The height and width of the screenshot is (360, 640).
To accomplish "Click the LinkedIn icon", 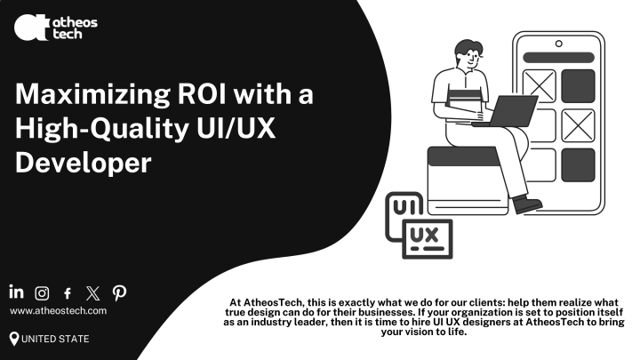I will (17, 292).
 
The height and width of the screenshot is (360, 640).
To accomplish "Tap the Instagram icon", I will (42, 292).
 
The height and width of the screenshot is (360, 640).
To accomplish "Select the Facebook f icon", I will (68, 292).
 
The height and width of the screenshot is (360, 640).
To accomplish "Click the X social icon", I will (92, 292).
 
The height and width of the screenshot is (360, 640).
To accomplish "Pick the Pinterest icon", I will (118, 292).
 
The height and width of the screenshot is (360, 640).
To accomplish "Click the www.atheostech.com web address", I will (59, 310).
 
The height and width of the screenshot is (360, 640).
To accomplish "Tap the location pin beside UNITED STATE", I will (14, 338).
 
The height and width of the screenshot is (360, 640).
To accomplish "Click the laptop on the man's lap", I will (510, 111).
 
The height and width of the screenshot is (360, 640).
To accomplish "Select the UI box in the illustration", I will (404, 208).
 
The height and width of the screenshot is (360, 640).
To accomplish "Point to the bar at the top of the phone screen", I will (558, 56).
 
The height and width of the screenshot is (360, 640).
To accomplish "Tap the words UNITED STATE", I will (55, 339).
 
